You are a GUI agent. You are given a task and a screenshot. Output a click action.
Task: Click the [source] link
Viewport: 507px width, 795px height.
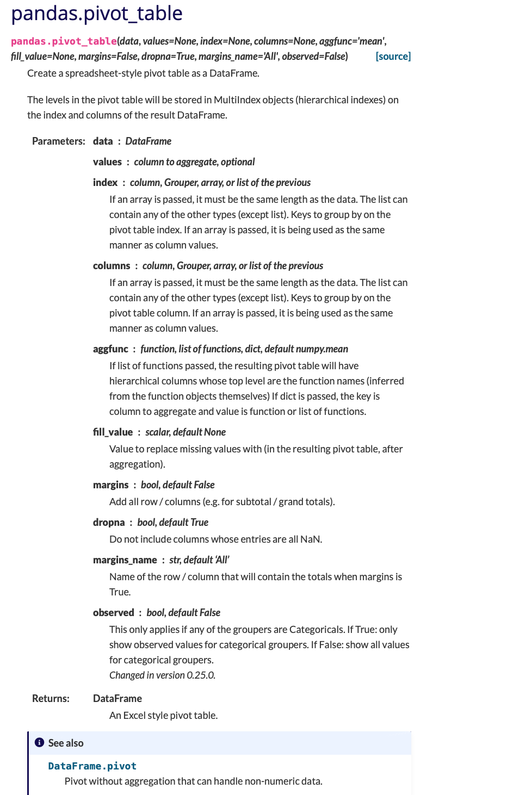point(393,56)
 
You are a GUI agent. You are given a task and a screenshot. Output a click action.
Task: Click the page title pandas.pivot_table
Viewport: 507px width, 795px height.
point(97,13)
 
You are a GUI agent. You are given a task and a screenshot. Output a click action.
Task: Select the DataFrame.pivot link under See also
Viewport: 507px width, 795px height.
point(92,766)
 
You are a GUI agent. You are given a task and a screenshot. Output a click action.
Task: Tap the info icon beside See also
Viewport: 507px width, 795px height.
point(39,742)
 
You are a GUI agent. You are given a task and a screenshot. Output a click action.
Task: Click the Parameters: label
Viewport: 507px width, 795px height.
point(58,141)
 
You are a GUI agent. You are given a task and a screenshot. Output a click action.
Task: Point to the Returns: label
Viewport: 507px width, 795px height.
point(51,698)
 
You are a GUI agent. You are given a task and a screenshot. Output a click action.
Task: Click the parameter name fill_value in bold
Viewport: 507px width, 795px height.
point(113,432)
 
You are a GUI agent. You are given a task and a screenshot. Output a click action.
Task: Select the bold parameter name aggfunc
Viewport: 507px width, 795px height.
point(110,349)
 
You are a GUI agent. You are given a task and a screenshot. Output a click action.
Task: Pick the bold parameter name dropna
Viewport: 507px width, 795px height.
point(109,522)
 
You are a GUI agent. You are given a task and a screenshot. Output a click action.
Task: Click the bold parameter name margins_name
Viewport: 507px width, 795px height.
point(125,560)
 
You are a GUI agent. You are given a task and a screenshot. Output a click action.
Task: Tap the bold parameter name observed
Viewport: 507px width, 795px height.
point(113,612)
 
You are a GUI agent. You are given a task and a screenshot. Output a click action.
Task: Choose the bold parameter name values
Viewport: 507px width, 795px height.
point(107,162)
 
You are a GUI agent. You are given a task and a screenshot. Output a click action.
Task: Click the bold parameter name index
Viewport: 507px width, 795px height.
point(105,182)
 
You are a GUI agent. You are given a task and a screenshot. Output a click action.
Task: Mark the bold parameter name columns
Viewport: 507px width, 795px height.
point(112,265)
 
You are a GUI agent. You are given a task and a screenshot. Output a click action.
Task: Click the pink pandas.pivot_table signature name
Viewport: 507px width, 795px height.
point(64,41)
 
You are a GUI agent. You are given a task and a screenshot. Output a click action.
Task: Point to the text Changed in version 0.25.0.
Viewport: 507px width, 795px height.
point(162,675)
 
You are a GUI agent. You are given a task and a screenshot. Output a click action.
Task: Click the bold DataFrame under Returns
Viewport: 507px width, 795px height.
point(118,698)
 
